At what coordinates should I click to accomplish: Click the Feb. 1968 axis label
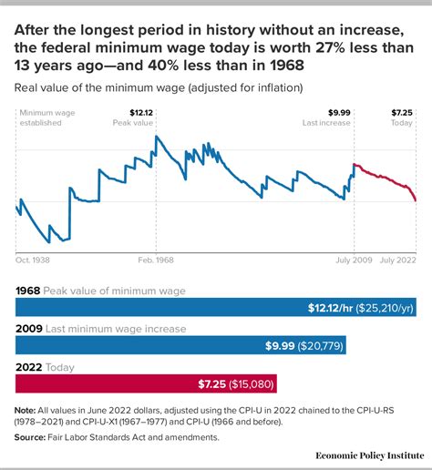click(156, 261)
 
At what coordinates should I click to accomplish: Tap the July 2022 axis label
click(397, 261)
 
